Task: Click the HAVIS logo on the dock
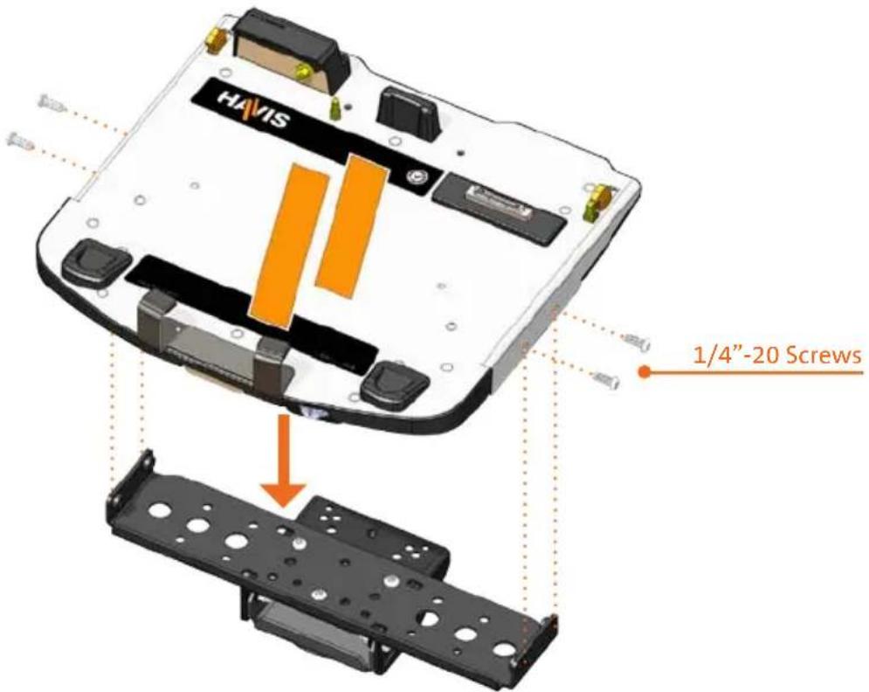click(x=252, y=110)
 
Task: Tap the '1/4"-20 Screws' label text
click(x=777, y=355)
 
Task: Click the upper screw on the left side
click(x=52, y=103)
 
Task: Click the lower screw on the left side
click(x=20, y=141)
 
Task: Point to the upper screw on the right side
click(x=637, y=342)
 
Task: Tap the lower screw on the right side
click(x=606, y=380)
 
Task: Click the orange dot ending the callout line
click(x=644, y=372)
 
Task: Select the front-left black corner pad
click(x=95, y=259)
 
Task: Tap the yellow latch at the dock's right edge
click(x=597, y=201)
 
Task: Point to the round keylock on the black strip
click(x=414, y=176)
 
